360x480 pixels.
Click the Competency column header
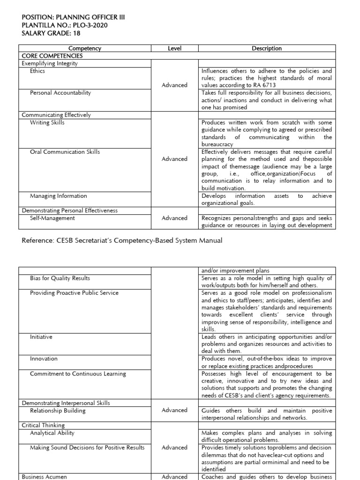click(x=85, y=48)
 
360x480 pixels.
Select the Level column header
click(x=174, y=48)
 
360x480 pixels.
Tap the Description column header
click(x=267, y=48)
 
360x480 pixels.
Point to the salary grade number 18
click(x=71, y=33)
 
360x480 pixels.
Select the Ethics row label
click(x=37, y=71)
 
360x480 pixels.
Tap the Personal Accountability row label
click(x=60, y=93)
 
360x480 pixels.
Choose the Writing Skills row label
click(x=47, y=122)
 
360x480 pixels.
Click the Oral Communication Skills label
click(x=65, y=152)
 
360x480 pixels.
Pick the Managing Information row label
click(x=58, y=196)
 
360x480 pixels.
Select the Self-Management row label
click(x=52, y=218)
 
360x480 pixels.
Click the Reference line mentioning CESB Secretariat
click(x=122, y=240)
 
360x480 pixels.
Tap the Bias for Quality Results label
click(x=60, y=278)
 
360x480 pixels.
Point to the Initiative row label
click(x=41, y=337)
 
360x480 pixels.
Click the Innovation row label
click(x=44, y=359)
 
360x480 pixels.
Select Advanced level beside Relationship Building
click(x=174, y=410)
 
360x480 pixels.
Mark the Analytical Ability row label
click(x=52, y=433)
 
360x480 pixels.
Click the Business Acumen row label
click(x=45, y=476)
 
